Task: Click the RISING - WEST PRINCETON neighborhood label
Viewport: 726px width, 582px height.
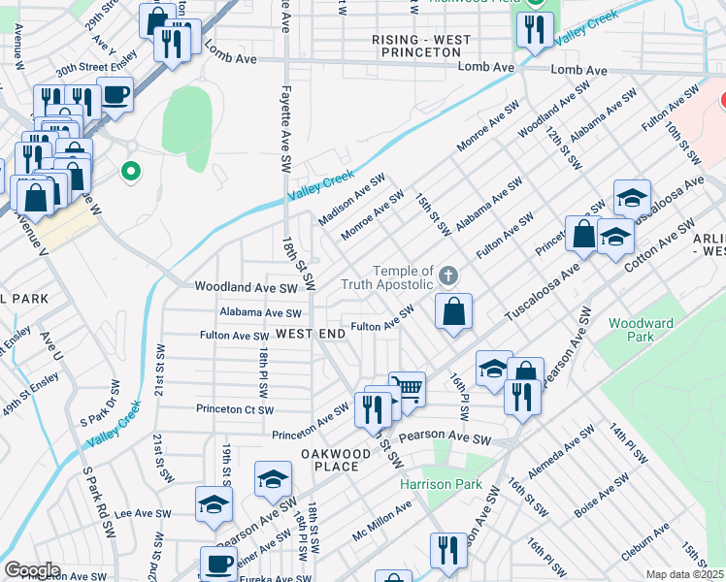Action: click(x=421, y=47)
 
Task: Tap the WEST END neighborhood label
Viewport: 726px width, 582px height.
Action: click(x=311, y=334)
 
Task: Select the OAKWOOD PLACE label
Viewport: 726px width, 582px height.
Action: click(x=336, y=460)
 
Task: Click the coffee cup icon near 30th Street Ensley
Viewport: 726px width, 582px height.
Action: click(x=115, y=95)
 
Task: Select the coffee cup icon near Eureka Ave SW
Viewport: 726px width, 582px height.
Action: click(x=218, y=564)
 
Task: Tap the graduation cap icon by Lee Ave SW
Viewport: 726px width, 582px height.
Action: click(x=214, y=504)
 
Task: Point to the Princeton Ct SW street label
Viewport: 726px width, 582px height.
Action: click(x=233, y=408)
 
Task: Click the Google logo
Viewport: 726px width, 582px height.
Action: click(x=31, y=570)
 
